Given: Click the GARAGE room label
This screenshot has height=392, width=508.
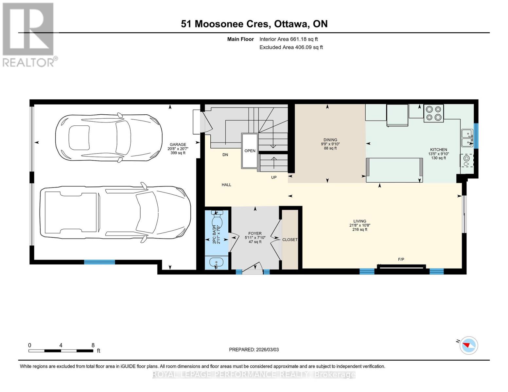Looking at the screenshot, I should [178, 144].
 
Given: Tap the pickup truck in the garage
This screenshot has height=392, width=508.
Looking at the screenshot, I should [114, 212].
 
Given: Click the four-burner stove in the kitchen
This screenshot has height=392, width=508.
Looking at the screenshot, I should [433, 113].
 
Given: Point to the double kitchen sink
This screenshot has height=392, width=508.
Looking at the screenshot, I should [467, 138].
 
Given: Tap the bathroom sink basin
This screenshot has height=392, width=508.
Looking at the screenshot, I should [216, 262].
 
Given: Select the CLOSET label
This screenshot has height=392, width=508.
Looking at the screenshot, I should [290, 240].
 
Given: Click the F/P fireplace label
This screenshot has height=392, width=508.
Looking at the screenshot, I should [401, 259].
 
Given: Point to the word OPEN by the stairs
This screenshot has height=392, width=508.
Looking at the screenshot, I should [250, 151].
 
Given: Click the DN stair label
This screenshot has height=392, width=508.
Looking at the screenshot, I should [225, 155].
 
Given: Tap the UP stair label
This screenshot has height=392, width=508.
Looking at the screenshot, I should [274, 177].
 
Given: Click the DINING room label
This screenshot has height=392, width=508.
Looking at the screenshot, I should [330, 140].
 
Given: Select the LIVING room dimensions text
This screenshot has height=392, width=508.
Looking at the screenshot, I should [359, 225].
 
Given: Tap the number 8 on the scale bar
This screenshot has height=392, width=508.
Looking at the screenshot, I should [93, 345].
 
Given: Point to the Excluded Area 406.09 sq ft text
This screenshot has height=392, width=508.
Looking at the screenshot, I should [291, 47].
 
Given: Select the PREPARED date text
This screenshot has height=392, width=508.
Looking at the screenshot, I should [254, 350].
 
